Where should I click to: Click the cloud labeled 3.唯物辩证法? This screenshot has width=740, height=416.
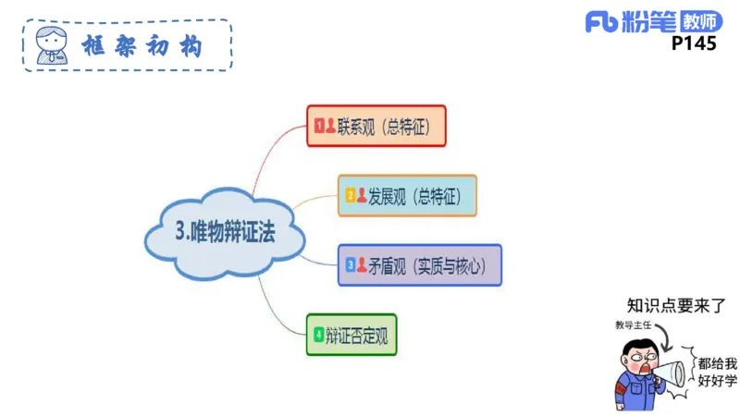click(225, 233)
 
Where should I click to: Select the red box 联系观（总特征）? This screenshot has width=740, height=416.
click(376, 126)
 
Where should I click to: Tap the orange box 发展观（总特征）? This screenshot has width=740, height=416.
click(408, 196)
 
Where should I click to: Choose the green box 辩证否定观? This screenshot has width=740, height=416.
click(351, 335)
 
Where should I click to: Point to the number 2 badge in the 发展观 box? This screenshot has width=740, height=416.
click(351, 196)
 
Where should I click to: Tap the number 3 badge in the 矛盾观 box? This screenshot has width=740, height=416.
click(351, 265)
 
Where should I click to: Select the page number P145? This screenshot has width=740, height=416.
click(693, 43)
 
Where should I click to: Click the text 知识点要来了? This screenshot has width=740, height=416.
click(674, 305)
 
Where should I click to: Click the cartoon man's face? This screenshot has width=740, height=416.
click(641, 361)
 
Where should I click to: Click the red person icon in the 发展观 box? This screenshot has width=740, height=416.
click(362, 196)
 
